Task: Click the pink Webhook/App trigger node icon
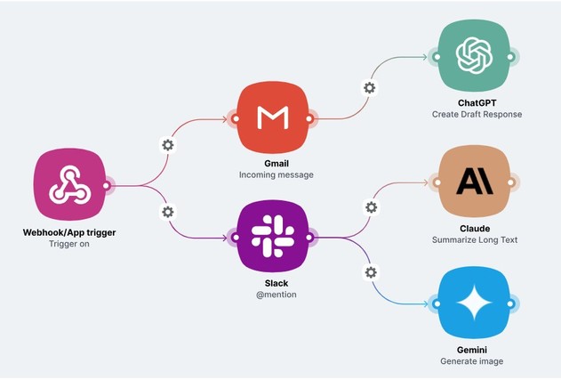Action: [68, 186]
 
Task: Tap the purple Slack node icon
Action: [271, 237]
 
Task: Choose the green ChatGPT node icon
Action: [474, 57]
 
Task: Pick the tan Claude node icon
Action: [474, 182]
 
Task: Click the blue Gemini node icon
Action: [474, 304]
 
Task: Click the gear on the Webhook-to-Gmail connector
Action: [167, 145]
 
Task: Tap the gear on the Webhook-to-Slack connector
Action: [167, 211]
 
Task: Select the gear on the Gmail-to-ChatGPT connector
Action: [369, 87]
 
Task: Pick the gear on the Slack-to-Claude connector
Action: [371, 206]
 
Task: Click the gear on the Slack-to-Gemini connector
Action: [371, 271]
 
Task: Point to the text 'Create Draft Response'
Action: [476, 115]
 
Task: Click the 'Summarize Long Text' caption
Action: [474, 240]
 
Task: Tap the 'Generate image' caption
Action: [472, 361]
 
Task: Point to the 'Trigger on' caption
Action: [69, 245]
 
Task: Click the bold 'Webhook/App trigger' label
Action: [69, 232]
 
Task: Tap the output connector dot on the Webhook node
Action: [106, 186]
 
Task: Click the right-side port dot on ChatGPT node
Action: [511, 57]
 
